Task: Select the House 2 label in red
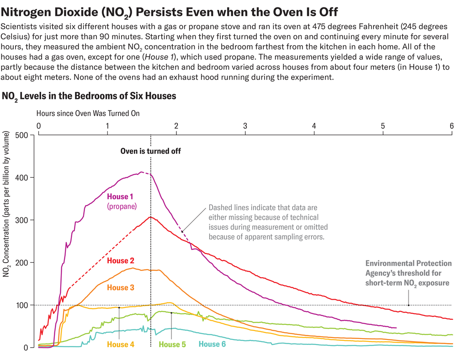point(121,261)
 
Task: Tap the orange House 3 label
point(121,287)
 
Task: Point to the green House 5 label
point(172,344)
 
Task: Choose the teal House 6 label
point(212,344)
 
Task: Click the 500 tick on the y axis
point(21,135)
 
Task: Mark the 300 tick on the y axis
point(21,220)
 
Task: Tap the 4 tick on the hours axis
point(314,126)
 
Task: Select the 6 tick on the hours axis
point(452,126)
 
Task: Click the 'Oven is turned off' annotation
point(151,151)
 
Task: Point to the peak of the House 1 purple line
point(142,172)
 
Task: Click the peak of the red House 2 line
point(151,217)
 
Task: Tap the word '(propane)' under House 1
point(122,206)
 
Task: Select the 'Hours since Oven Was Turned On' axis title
point(88,112)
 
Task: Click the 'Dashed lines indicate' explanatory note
point(268,222)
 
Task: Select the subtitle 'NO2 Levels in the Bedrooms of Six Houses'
point(90,96)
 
